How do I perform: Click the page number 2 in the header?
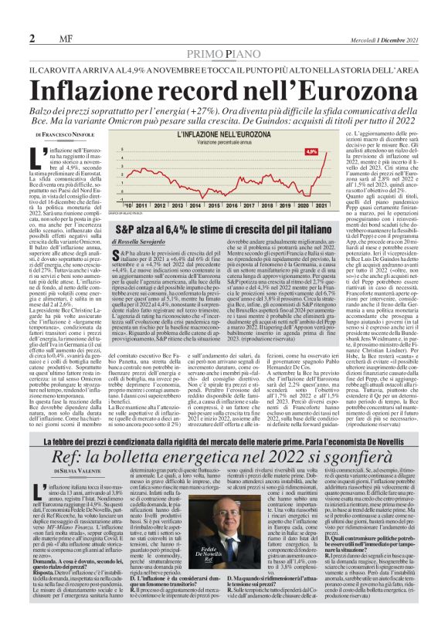point(32,39)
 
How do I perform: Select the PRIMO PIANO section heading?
point(224,51)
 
